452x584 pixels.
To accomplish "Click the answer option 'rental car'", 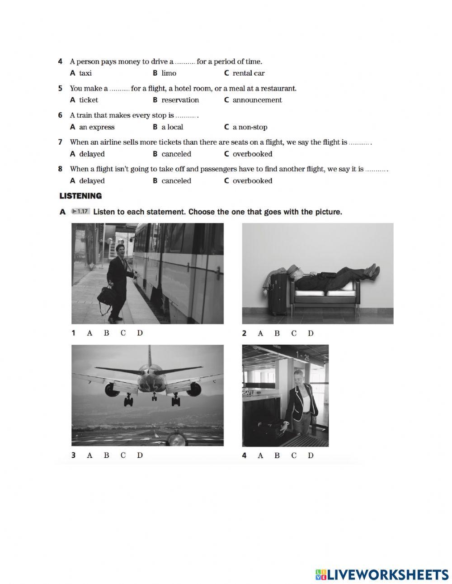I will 248,73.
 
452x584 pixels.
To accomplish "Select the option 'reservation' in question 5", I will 180,100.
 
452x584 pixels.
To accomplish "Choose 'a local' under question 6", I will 172,127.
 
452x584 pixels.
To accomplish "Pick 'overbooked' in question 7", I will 252,154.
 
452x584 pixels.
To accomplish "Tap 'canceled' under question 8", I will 176,181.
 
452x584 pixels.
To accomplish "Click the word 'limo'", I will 169,73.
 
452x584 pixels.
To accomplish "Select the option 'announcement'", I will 257,100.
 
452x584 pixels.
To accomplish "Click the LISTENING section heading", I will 80,196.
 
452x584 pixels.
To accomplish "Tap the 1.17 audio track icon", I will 80,211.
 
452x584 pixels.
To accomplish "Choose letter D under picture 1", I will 140,333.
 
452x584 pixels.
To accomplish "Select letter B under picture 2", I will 277,333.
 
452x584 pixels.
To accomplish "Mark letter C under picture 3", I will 123,455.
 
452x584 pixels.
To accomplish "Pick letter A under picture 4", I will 260,456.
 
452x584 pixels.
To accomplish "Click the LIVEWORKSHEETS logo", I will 382,574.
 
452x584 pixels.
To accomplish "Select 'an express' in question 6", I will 96,127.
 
